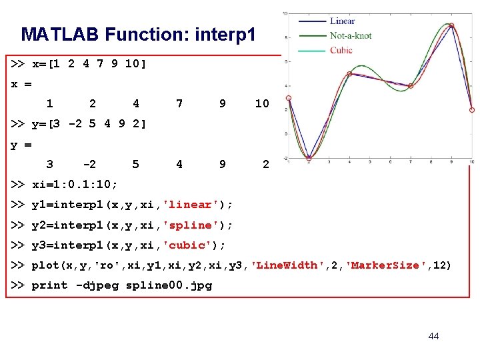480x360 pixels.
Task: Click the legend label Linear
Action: point(342,21)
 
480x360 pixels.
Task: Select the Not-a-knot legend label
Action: point(351,35)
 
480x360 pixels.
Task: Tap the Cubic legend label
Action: point(341,50)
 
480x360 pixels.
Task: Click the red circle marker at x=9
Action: point(451,26)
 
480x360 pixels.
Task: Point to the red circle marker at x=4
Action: point(349,74)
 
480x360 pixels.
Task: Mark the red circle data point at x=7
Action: point(411,86)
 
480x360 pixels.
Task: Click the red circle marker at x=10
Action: point(472,110)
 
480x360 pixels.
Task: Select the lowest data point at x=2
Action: point(309,159)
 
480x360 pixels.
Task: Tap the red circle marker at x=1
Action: point(289,98)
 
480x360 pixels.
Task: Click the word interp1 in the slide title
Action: point(225,34)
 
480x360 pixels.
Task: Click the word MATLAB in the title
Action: point(59,34)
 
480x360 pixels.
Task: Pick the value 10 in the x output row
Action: point(262,103)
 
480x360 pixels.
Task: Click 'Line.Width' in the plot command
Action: point(289,265)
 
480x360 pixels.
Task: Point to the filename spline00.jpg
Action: point(169,285)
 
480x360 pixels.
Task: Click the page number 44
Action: point(433,336)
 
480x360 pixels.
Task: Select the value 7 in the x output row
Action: point(179,103)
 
